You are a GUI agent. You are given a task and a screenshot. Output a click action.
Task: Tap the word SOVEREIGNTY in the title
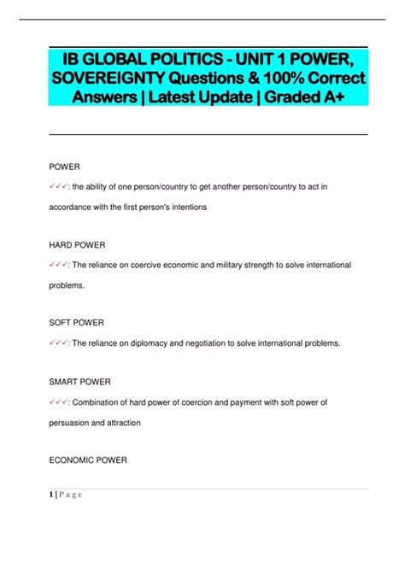(117, 78)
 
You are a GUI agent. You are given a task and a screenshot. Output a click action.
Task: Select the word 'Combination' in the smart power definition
(100, 402)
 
